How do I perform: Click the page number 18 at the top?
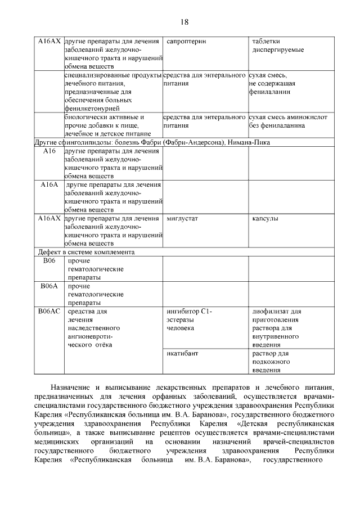[184, 22]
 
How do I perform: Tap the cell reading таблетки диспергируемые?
[278, 46]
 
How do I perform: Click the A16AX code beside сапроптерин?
[49, 42]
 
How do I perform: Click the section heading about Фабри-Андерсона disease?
[152, 142]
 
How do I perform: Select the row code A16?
[49, 151]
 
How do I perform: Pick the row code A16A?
[49, 184]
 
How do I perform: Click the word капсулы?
[265, 218]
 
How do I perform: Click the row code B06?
[49, 261]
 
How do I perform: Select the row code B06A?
[49, 286]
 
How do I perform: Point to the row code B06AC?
[49, 311]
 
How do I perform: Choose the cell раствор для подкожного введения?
[271, 362]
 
